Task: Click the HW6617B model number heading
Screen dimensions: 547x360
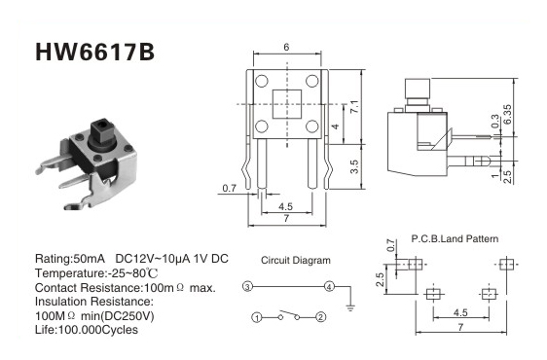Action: (94, 53)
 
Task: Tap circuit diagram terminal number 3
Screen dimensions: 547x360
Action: (247, 287)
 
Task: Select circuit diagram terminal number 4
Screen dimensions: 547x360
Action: (329, 287)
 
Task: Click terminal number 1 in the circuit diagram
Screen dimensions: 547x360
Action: (257, 317)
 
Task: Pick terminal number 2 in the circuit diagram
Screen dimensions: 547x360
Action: (320, 317)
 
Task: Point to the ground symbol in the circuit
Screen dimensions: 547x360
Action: (350, 307)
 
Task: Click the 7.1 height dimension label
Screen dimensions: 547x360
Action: (353, 107)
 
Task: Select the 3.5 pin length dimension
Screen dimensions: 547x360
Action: (353, 166)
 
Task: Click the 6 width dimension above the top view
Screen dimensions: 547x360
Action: (286, 47)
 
